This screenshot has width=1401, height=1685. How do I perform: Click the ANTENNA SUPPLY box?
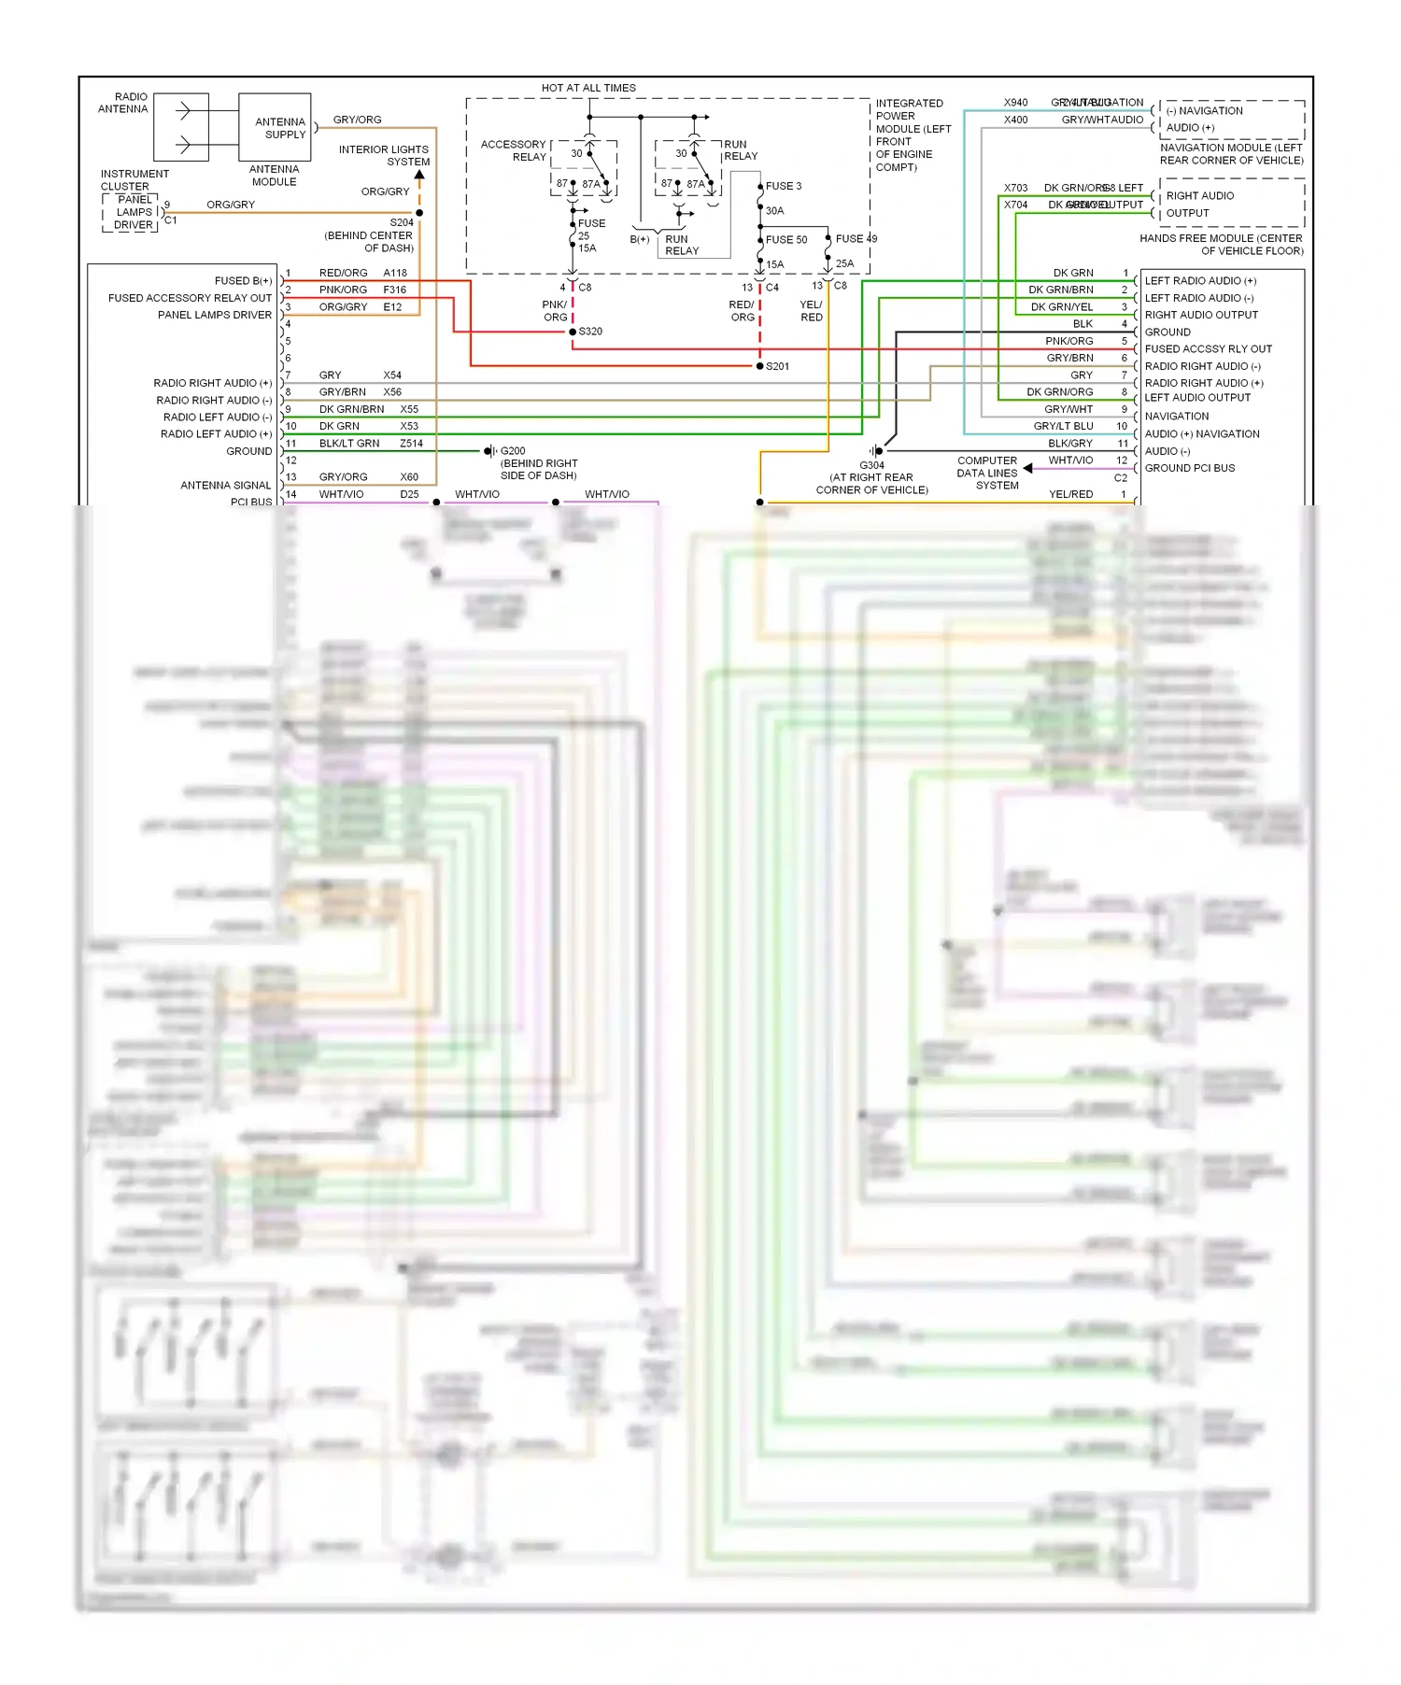275,127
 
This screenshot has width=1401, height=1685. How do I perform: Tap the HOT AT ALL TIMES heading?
588,88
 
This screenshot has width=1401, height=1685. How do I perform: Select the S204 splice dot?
419,213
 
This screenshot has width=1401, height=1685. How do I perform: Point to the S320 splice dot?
573,332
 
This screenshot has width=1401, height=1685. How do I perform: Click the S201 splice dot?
759,366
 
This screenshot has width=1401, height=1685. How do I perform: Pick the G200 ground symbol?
488,451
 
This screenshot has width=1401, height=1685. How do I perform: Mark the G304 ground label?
871,465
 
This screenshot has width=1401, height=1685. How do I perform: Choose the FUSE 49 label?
856,239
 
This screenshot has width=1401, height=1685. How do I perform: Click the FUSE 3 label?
784,186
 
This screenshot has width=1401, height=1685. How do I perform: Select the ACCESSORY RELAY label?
514,150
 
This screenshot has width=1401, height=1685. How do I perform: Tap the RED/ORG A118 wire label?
344,273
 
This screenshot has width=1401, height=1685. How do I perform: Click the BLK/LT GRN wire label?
349,444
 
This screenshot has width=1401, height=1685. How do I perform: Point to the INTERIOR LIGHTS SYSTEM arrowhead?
419,175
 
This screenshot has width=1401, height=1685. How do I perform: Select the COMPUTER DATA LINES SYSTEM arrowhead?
1027,468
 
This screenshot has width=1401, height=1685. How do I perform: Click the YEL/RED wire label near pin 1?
1070,494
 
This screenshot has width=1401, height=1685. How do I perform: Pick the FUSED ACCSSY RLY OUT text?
1208,349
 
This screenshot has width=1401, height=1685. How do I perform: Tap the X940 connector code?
1015,103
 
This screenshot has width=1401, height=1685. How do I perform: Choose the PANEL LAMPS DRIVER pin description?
215,315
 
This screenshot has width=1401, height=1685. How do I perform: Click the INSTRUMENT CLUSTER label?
134,180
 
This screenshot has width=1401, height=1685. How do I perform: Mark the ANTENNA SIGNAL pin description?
225,486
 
